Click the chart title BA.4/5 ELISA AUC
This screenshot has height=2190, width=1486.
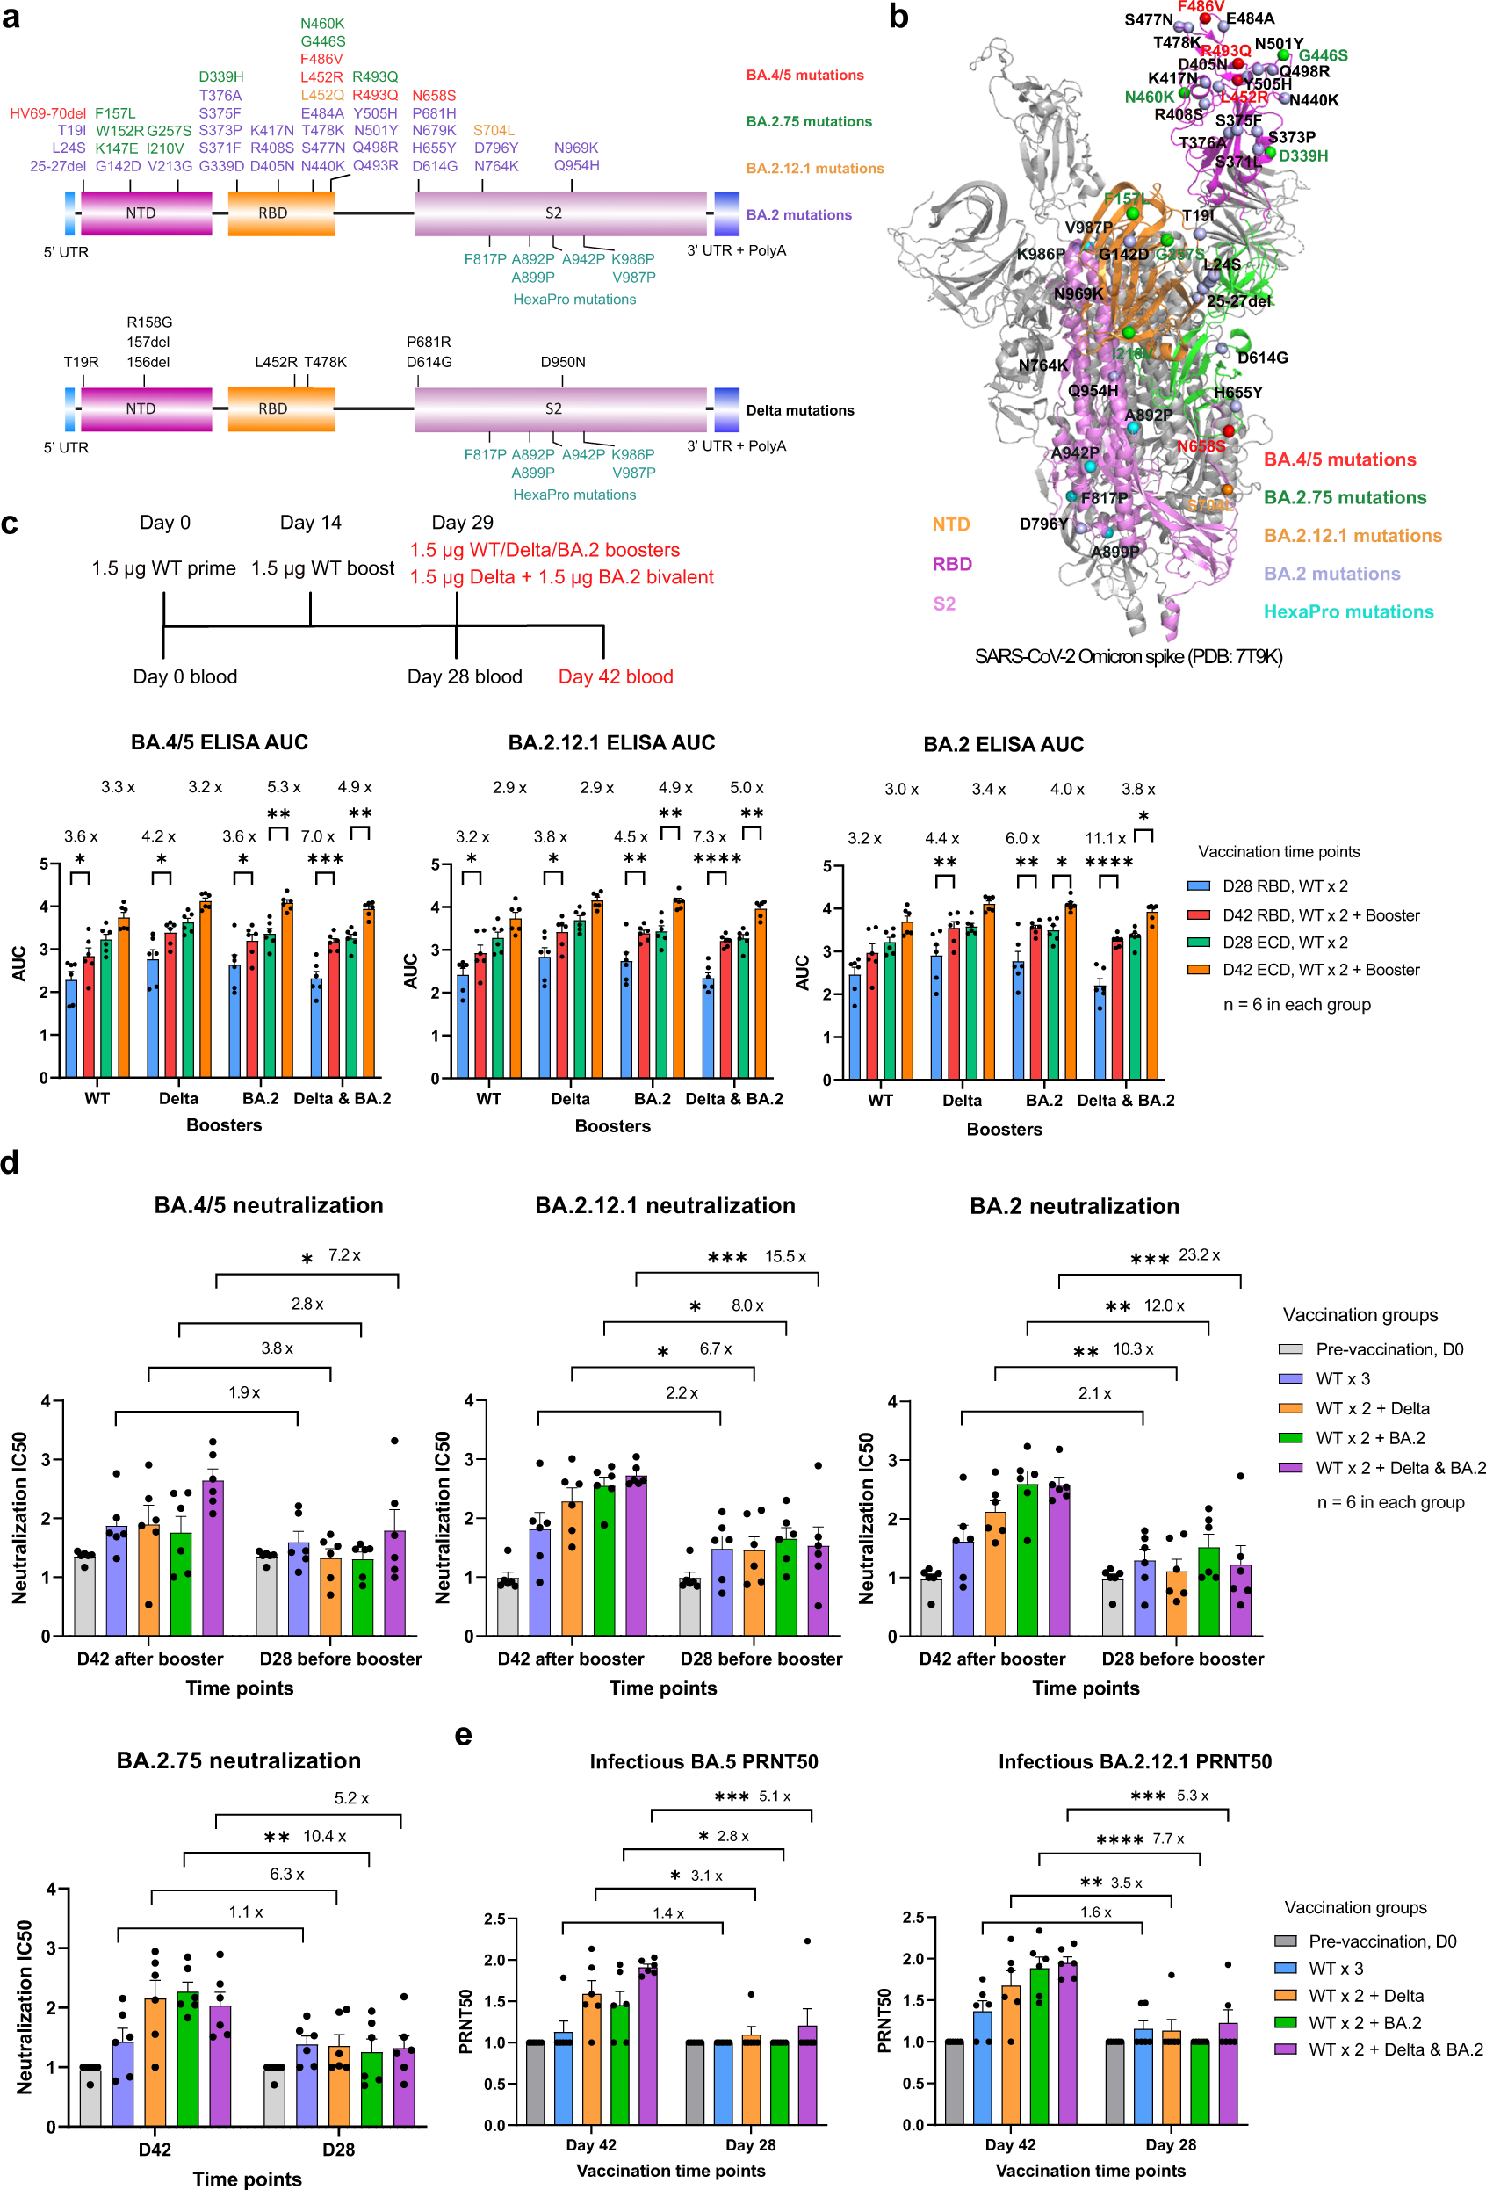(x=219, y=742)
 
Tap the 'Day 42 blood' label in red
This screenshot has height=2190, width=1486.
(x=616, y=676)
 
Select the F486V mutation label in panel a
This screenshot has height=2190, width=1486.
(x=321, y=59)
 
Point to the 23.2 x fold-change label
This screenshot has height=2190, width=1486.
(x=1199, y=1255)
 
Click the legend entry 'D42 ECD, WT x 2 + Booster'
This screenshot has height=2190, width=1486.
(x=1320, y=970)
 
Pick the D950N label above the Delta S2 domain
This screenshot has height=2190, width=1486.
(x=563, y=362)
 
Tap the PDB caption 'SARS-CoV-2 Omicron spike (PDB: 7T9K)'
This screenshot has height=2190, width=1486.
(x=1128, y=657)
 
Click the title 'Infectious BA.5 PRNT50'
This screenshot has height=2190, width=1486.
(x=703, y=1762)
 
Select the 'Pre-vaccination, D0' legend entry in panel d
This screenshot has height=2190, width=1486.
(x=1389, y=1349)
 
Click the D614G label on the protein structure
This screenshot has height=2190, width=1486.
(x=1262, y=358)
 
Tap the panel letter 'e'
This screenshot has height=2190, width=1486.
(x=463, y=1736)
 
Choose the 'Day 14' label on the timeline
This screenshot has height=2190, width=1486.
(x=310, y=522)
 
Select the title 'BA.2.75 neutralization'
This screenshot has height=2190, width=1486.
(x=238, y=1761)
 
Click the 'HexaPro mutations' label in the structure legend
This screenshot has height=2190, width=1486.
(x=1347, y=611)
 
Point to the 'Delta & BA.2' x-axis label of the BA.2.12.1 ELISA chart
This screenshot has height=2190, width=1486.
(x=733, y=1099)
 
